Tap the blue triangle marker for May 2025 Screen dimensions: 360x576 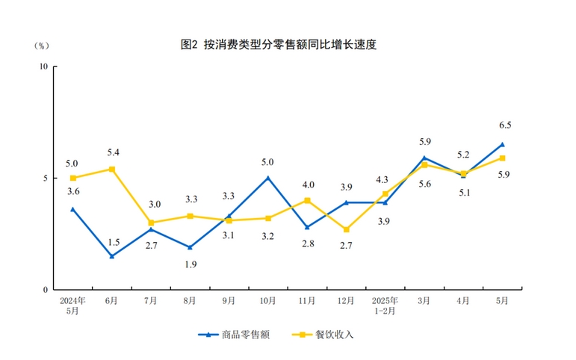[x=502, y=144]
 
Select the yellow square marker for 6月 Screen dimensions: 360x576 [x=112, y=169]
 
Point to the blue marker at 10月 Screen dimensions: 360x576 [x=268, y=178]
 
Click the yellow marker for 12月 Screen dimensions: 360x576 [x=346, y=229]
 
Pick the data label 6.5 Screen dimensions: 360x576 [x=505, y=125]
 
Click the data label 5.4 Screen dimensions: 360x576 [x=113, y=153]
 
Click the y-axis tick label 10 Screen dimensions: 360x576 [x=43, y=66]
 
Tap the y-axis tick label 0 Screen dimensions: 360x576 [x=46, y=290]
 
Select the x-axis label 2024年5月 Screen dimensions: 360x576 [x=73, y=305]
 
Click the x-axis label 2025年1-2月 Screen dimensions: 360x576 [x=385, y=305]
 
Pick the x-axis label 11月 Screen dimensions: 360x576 [x=307, y=301]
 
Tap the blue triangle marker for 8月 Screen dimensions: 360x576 [x=190, y=247]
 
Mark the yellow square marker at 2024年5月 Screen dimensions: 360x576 [x=73, y=178]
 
